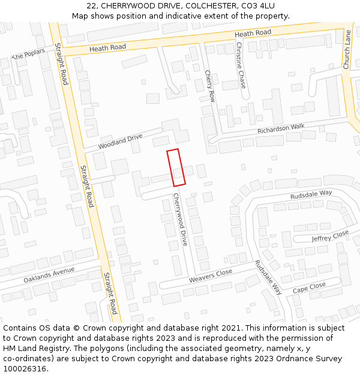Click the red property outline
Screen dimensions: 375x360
pyautogui.click(x=176, y=167)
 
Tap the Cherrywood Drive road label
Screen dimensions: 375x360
pyautogui.click(x=181, y=220)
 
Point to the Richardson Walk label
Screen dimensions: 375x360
pyautogui.click(x=281, y=128)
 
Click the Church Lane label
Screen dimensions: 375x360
pyautogui.click(x=347, y=50)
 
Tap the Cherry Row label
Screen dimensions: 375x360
pyautogui.click(x=210, y=85)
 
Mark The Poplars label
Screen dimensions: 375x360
pyautogui.click(x=28, y=54)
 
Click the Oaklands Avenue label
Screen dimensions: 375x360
pyautogui.click(x=49, y=275)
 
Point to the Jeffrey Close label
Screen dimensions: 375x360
pyautogui.click(x=330, y=236)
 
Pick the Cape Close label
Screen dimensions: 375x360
pyautogui.click(x=309, y=288)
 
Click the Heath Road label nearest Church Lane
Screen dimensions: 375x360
pyautogui.click(x=253, y=33)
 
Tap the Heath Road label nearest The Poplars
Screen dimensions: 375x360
pyautogui.click(x=107, y=47)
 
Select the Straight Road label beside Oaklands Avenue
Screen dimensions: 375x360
pyautogui.click(x=109, y=293)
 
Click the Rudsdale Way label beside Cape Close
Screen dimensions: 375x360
pyautogui.click(x=268, y=277)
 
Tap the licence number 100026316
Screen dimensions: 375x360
pyautogui.click(x=25, y=368)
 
